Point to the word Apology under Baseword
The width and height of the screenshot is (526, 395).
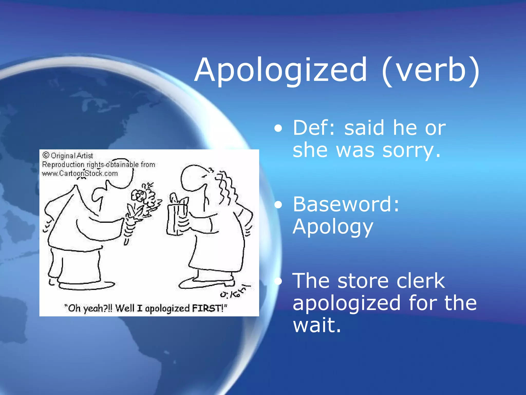point(333,227)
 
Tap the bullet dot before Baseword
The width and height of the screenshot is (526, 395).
point(278,205)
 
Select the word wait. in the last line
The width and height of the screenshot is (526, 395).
point(317,325)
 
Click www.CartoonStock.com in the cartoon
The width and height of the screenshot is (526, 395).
point(80,174)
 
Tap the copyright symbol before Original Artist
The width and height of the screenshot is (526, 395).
point(46,155)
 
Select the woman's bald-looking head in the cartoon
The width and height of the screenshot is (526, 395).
point(193,177)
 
